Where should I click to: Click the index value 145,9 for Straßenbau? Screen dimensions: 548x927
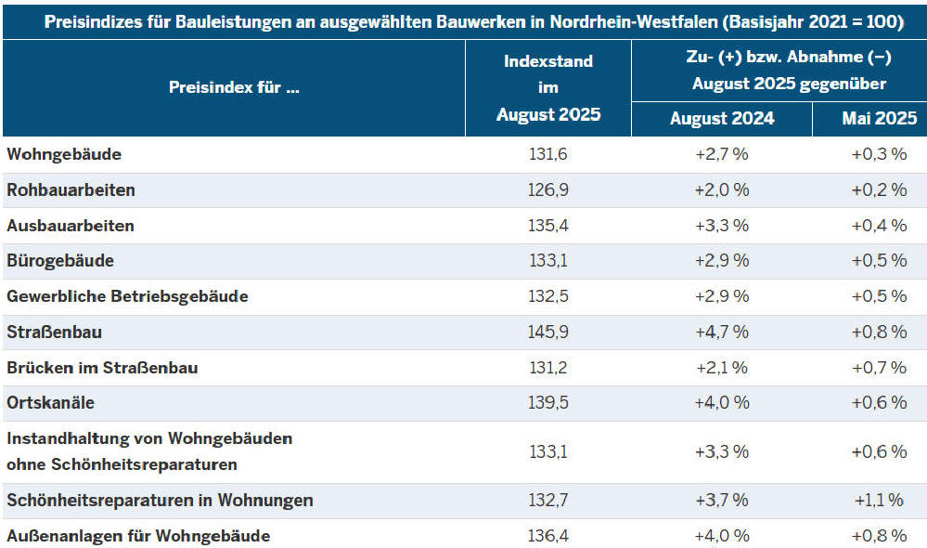point(547,333)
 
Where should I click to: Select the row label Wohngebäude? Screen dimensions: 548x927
point(64,154)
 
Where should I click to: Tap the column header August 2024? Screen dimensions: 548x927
point(722,119)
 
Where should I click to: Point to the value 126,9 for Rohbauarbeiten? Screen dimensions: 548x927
point(547,190)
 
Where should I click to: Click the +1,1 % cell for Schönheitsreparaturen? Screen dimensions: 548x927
point(879,501)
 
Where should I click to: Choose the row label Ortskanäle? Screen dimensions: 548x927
point(51,403)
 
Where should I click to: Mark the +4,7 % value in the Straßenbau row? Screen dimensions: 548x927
point(722,333)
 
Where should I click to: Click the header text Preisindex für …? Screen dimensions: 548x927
point(234,88)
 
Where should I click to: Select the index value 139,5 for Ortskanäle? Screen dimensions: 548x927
point(547,403)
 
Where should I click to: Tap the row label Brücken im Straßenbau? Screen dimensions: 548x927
point(102,368)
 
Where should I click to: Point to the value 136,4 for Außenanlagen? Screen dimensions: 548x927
point(547,536)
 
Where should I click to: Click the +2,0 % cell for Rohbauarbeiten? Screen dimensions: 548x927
point(722,190)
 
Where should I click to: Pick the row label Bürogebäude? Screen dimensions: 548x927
point(60,261)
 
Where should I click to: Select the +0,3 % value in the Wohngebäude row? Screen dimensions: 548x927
point(879,154)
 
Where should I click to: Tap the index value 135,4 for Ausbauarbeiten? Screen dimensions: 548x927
point(547,226)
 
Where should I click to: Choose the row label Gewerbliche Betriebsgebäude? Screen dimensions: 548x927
point(127,297)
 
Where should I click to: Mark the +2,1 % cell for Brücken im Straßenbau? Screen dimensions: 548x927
point(722,368)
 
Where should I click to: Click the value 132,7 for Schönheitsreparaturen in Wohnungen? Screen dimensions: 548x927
point(547,501)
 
